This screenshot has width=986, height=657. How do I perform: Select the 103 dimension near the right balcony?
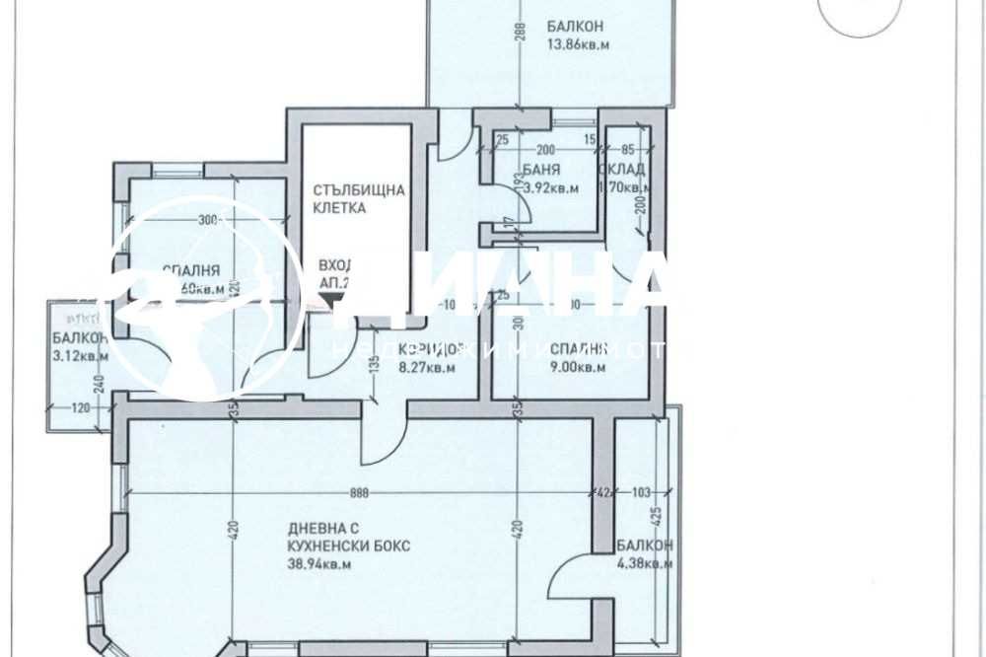tap(643, 491)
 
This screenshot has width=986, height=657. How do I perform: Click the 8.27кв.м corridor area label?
tap(427, 367)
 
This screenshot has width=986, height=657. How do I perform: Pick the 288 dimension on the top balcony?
tap(519, 36)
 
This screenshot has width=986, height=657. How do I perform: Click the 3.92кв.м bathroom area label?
tap(549, 187)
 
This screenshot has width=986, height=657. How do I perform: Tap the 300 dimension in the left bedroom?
tap(207, 220)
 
